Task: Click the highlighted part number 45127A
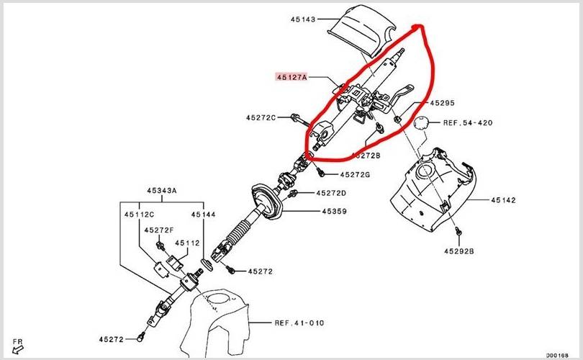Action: [x=291, y=75]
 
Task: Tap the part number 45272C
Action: [x=261, y=117]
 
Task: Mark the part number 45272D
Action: [x=331, y=193]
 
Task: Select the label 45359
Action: [x=334, y=212]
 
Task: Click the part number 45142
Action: [x=504, y=200]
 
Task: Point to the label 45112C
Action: [x=139, y=214]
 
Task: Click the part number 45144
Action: [x=203, y=214]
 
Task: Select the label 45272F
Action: [x=159, y=230]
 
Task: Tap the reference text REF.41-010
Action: [x=299, y=323]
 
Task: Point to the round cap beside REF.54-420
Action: [x=422, y=123]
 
